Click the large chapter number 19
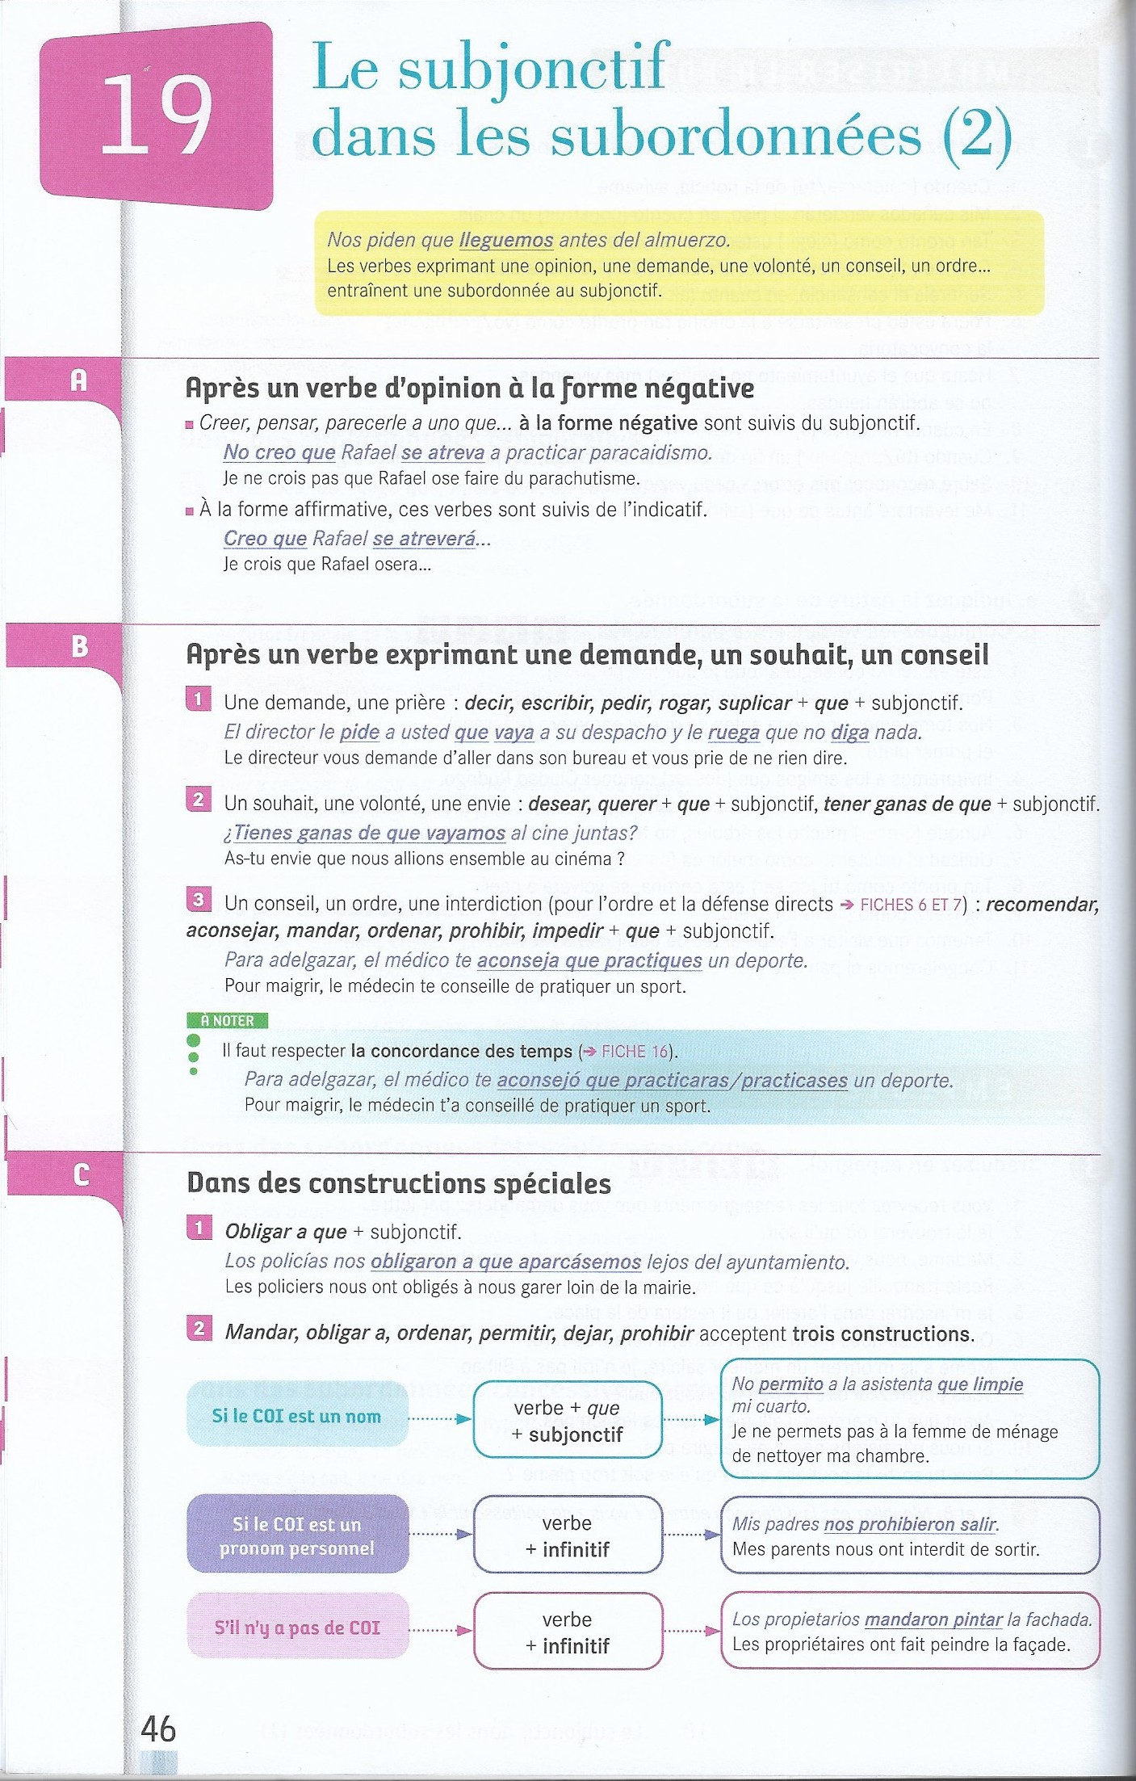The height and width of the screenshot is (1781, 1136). point(155,115)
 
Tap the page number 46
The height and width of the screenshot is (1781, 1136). point(157,1728)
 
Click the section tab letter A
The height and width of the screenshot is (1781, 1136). point(78,380)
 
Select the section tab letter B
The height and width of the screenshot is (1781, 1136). point(79,646)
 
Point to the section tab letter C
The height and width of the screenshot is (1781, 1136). point(81,1174)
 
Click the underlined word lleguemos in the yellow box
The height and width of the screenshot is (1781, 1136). point(506,240)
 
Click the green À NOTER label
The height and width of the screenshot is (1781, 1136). point(227,1021)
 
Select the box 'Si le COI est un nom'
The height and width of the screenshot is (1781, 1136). point(296,1416)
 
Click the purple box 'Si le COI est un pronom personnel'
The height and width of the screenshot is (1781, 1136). point(296,1536)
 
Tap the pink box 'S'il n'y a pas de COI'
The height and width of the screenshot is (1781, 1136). point(296,1628)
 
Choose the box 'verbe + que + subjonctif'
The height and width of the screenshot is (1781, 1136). point(567,1421)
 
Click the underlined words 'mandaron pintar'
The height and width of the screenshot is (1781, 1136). point(933,1619)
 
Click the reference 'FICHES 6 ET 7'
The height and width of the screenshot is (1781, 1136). point(911,905)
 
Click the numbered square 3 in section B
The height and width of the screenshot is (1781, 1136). point(198,900)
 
